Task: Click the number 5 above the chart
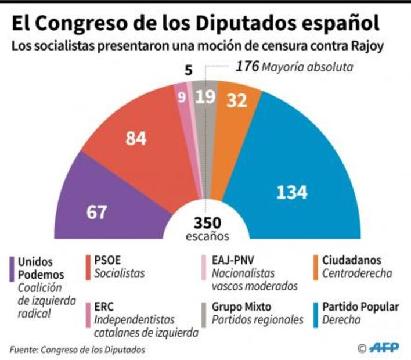coord(188,70)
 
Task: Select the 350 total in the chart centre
coord(207,224)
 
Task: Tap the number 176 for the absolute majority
coord(247,66)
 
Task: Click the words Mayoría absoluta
coord(307,67)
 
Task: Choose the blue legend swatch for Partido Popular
coord(317,313)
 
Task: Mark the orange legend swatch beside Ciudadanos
coord(317,266)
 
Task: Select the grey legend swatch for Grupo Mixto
coord(204,313)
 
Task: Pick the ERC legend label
coord(105,307)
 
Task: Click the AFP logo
coord(383,348)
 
